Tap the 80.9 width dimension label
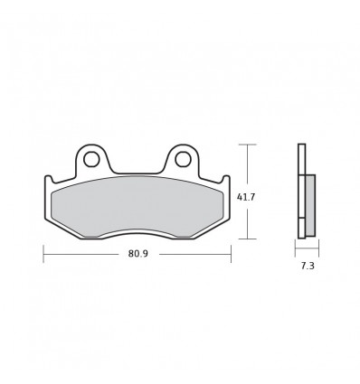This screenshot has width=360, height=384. tap(138, 255)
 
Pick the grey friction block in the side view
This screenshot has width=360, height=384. tap(310, 204)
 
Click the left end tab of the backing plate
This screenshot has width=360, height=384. tap(46, 194)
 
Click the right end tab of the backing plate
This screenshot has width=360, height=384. tap(228, 194)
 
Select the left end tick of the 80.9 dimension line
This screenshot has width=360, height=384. tap(43, 255)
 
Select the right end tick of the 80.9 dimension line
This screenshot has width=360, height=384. tap(232, 255)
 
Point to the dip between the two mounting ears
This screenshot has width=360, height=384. tap(137, 172)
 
